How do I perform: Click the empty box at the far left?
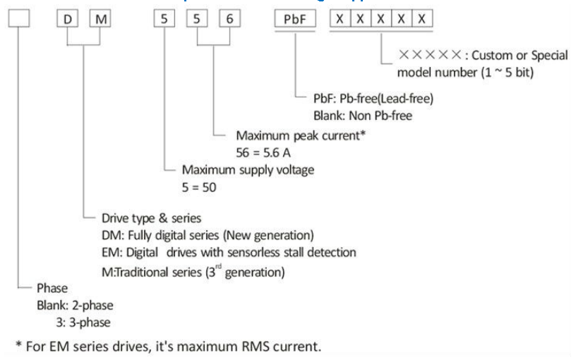click(x=18, y=19)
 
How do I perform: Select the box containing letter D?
click(x=68, y=19)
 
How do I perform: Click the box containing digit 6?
click(x=228, y=19)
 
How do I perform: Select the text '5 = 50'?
click(x=200, y=189)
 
